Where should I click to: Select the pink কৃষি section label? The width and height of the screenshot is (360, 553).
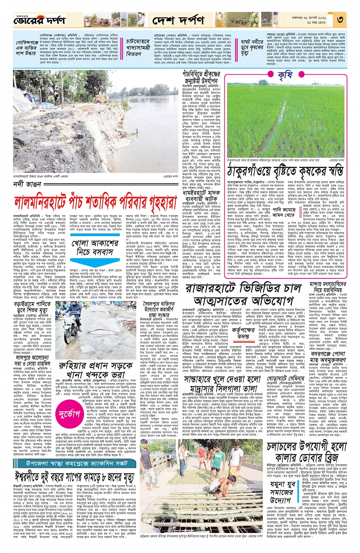[x=285, y=75]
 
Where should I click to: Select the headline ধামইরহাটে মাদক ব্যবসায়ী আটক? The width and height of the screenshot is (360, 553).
[x=201, y=196]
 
